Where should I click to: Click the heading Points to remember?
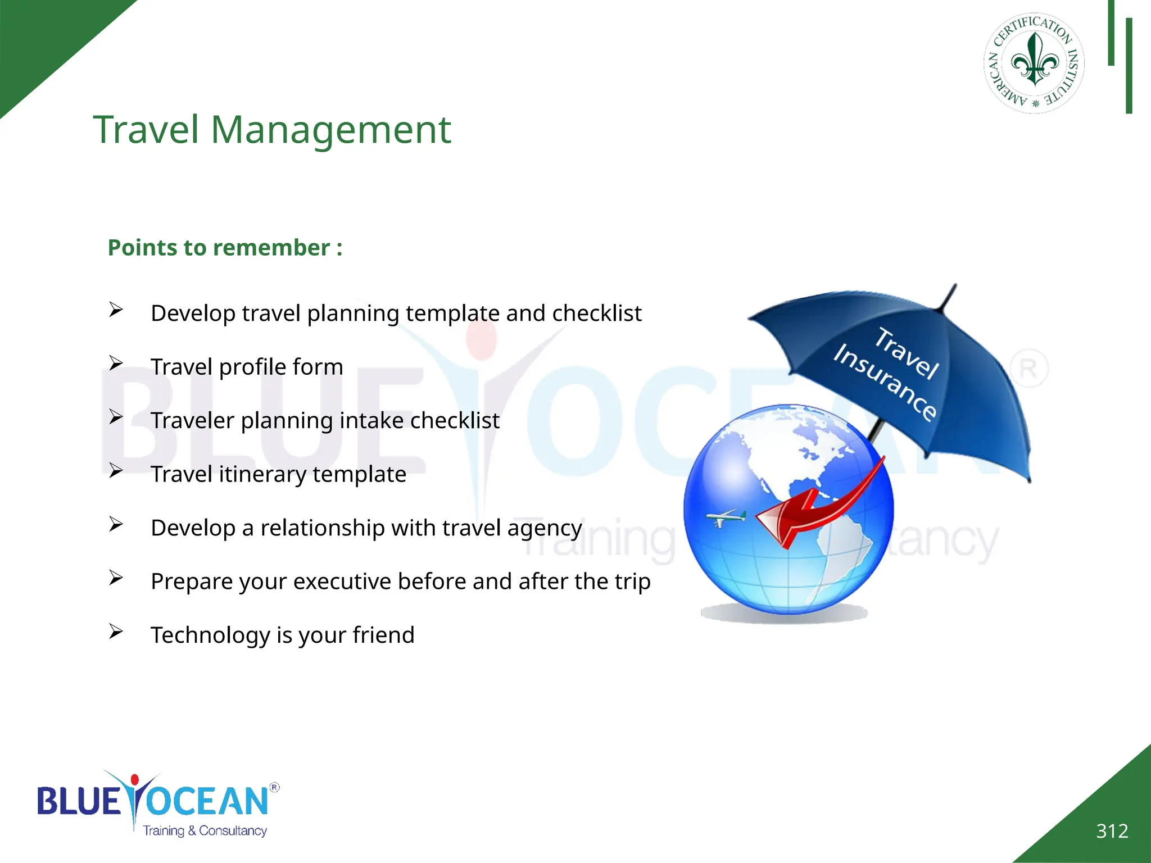(225, 248)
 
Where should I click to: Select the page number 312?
(1112, 831)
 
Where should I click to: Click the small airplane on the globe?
(726, 517)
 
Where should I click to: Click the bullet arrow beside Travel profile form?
(116, 364)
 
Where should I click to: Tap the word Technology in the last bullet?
(210, 635)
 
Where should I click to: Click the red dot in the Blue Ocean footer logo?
(134, 779)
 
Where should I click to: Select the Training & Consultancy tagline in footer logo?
(205, 830)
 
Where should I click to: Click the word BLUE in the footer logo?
(78, 801)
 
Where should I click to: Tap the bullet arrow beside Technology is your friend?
(116, 632)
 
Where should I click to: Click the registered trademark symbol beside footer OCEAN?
(274, 787)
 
